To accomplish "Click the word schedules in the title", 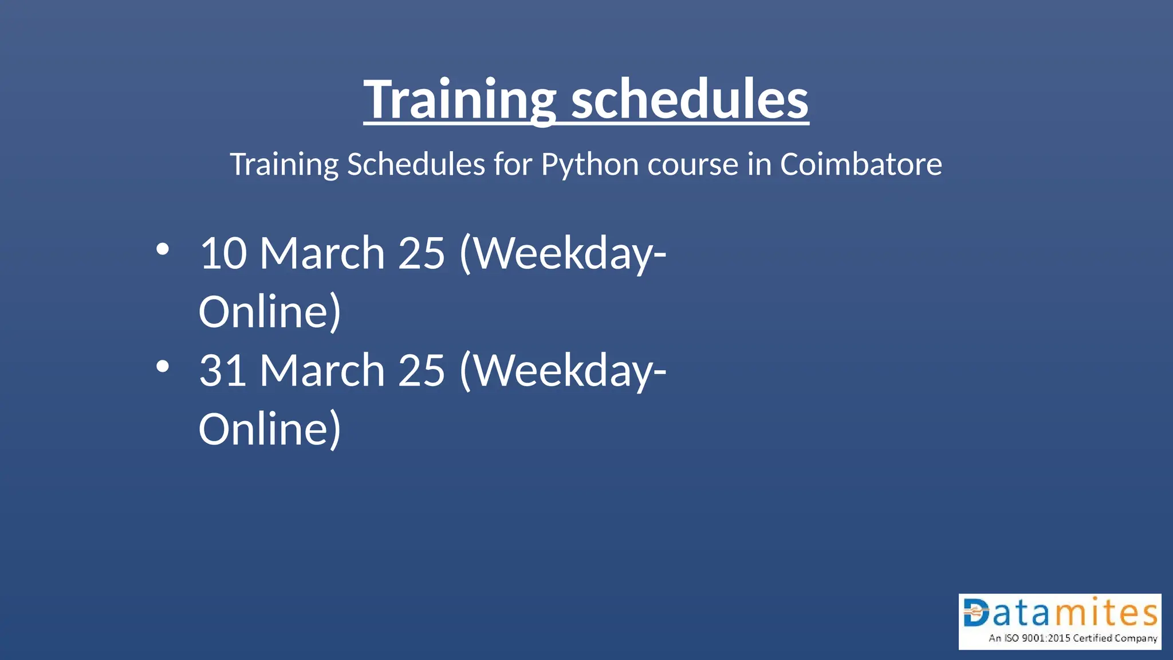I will (x=690, y=100).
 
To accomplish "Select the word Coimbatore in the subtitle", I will (x=860, y=165).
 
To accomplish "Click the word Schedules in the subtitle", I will (x=416, y=165).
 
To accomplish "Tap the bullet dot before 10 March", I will (x=163, y=249).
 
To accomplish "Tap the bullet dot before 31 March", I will (x=163, y=367).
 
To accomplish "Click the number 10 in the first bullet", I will (x=223, y=253).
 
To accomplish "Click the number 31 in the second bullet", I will (x=223, y=371).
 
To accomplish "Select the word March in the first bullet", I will (x=322, y=253).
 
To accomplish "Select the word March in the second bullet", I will (x=322, y=371).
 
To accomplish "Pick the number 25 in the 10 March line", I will (x=421, y=253).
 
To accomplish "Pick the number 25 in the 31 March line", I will (x=421, y=371).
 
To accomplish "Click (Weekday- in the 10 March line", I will (x=562, y=253).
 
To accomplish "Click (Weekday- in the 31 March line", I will (x=562, y=371).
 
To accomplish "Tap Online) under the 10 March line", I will (x=269, y=312).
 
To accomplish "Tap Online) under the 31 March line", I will (x=269, y=430).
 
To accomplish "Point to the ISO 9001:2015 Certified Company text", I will (x=1073, y=638).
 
